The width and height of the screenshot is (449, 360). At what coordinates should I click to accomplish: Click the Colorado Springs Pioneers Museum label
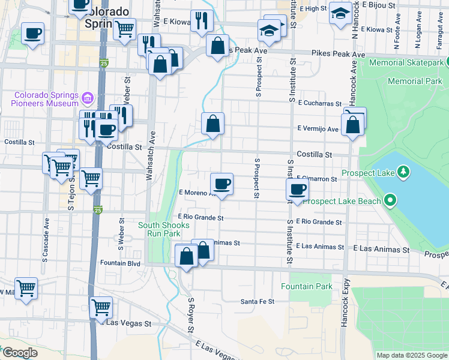(46, 100)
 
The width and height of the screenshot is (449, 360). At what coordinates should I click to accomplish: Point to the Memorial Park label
(414, 81)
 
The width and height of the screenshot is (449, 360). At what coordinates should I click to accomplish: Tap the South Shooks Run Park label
(163, 229)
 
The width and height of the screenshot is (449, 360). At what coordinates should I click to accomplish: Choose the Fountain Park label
(306, 287)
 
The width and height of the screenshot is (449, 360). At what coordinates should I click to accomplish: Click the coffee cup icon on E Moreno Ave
(221, 184)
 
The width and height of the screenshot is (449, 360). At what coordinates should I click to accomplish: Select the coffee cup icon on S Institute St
(297, 190)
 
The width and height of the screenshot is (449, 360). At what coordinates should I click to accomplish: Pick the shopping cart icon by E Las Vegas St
(101, 307)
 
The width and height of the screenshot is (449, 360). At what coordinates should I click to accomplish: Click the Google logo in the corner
(19, 353)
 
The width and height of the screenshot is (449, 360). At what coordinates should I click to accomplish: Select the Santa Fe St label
(257, 301)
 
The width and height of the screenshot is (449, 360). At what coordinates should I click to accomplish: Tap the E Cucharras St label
(319, 103)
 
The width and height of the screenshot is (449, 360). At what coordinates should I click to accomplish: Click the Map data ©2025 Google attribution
(412, 355)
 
